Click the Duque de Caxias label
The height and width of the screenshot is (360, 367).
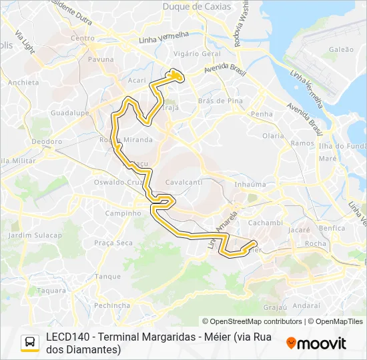pos(197,7)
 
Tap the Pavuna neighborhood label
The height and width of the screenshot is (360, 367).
pos(101,59)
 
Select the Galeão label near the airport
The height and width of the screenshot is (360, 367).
pos(341,49)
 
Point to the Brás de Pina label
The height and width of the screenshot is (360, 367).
pos(216,101)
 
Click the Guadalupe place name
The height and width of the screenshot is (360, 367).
pos(69,113)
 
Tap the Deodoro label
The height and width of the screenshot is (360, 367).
pos(47,142)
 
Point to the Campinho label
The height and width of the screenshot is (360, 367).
pos(123,213)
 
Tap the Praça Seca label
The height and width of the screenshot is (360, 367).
pos(113,243)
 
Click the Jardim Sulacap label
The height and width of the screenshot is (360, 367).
pos(35,235)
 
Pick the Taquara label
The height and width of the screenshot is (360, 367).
pos(51,291)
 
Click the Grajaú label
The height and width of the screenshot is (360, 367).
pos(274,307)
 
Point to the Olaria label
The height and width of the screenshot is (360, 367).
pos(273,135)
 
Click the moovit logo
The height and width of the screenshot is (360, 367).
pos(316,343)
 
